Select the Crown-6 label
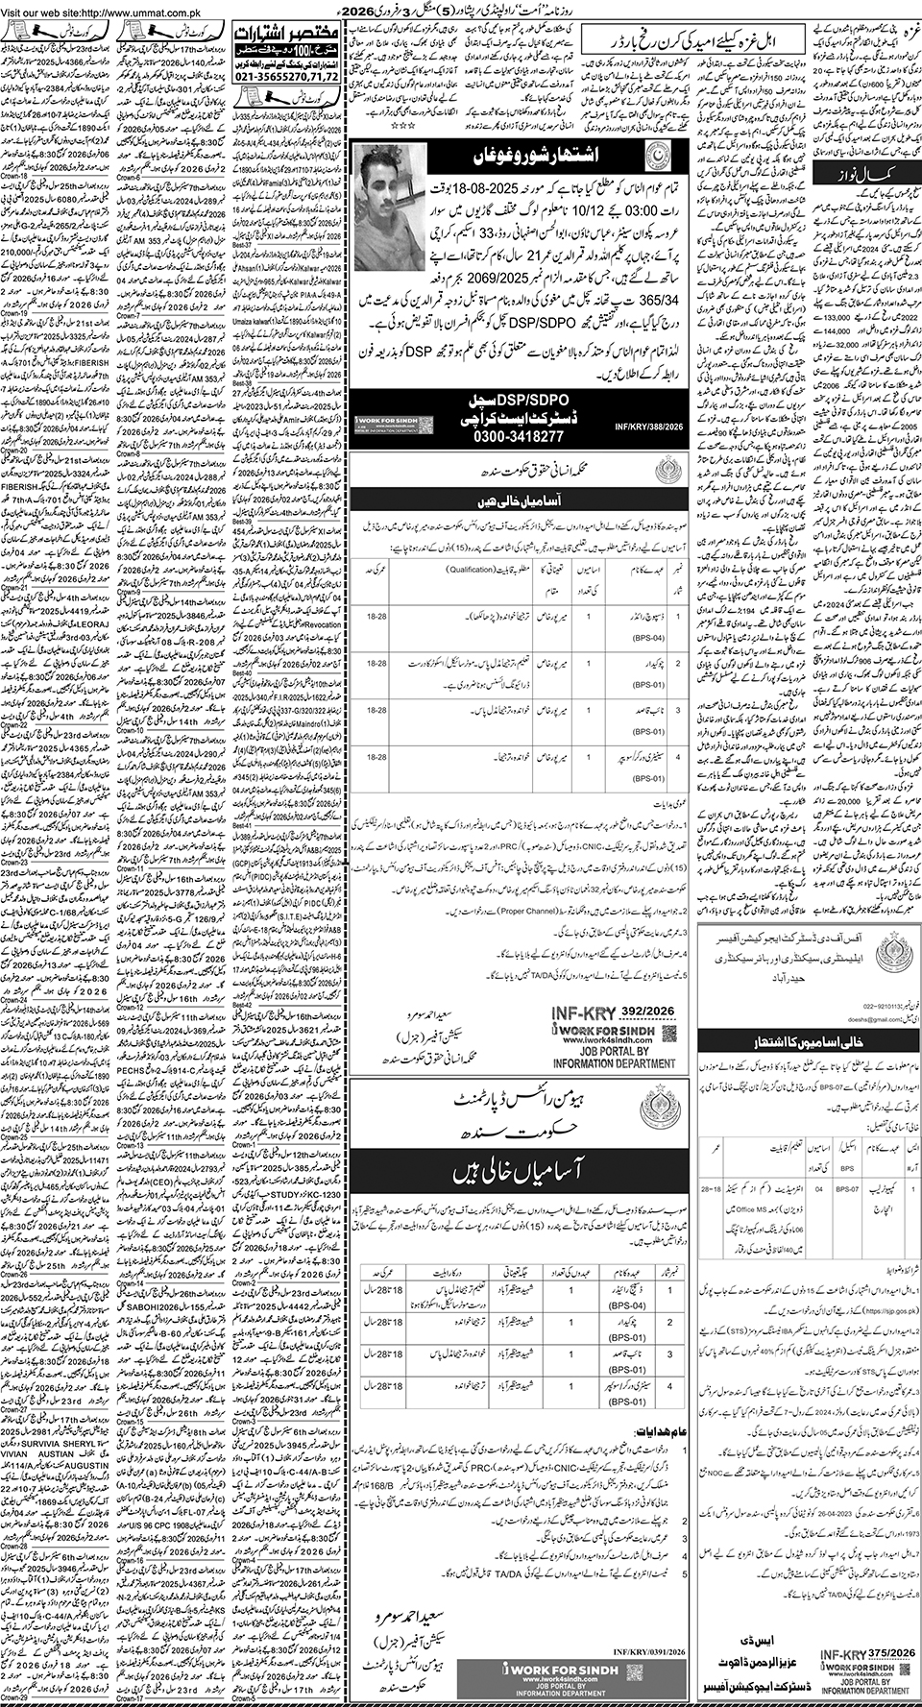click(x=130, y=178)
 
